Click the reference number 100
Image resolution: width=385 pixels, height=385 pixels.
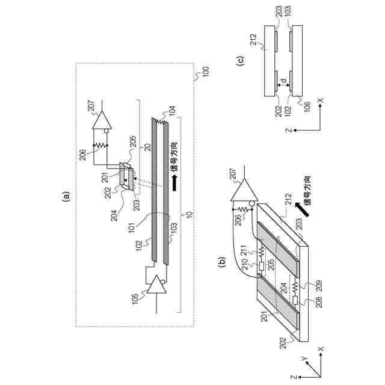pyautogui.click(x=203, y=70)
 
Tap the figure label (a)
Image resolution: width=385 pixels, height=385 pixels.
pyautogui.click(x=66, y=194)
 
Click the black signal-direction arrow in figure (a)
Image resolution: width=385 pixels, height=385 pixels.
pyautogui.click(x=175, y=185)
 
